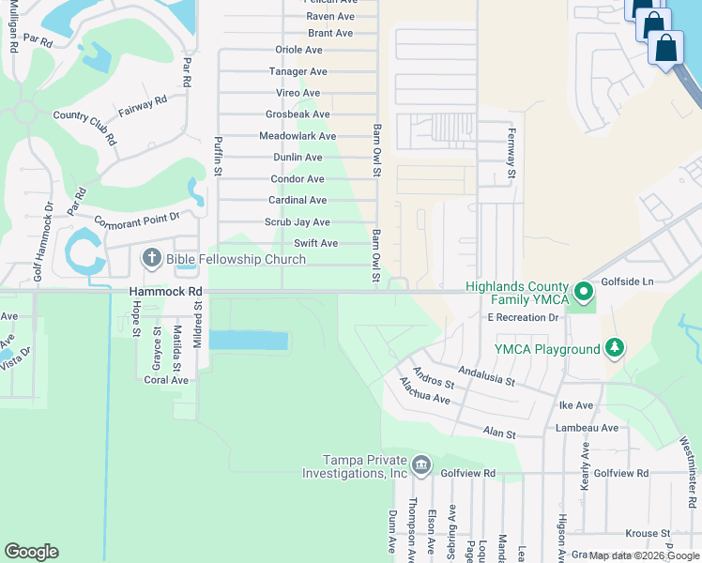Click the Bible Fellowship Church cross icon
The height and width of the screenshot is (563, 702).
[151, 258]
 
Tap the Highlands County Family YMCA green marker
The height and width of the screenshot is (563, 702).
[584, 292]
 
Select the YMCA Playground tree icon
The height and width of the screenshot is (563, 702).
[615, 349]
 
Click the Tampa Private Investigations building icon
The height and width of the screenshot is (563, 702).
[420, 464]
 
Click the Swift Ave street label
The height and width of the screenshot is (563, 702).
[315, 243]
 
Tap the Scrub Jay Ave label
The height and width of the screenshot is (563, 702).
[297, 222]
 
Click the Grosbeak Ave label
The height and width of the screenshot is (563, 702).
[298, 114]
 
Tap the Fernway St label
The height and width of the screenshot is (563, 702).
[511, 153]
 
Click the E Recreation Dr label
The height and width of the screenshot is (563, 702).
[523, 317]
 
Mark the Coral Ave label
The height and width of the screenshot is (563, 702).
[166, 380]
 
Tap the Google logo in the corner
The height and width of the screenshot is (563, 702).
[31, 552]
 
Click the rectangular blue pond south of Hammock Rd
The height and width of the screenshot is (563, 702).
[248, 341]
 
